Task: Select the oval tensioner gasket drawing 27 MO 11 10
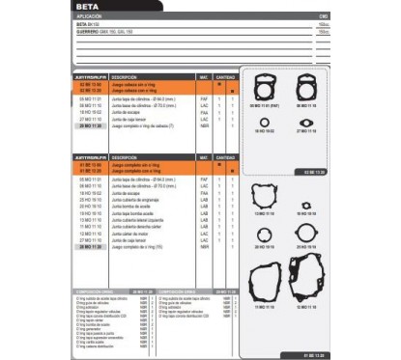(x=307, y=122)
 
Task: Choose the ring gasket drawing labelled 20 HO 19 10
(x=264, y=234)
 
